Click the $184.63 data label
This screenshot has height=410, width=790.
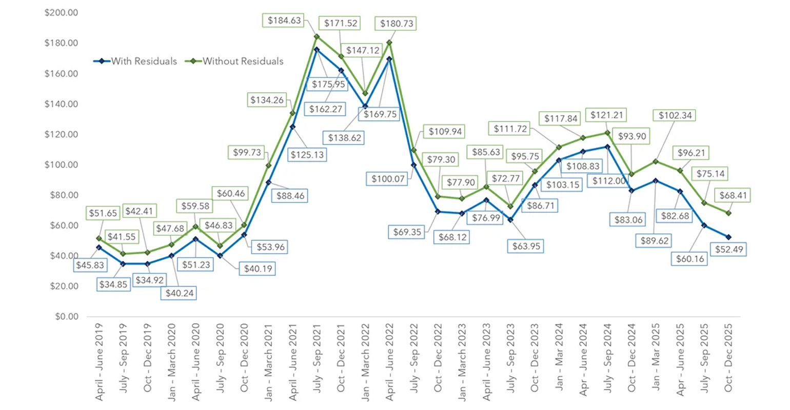coord(284,21)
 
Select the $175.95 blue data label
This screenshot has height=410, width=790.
coord(329,84)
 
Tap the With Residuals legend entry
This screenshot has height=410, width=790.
coord(135,61)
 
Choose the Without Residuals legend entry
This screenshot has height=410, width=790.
coord(235,61)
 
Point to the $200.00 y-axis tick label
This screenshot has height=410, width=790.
coord(61,12)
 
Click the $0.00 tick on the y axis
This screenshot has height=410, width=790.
coord(67,317)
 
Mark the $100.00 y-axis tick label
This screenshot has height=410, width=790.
coord(61,165)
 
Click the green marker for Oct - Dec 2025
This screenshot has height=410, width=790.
coord(728,213)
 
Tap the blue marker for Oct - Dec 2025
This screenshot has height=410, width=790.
coord(728,237)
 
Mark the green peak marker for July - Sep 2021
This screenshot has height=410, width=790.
coord(317,36)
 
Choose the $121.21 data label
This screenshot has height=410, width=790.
coord(607,115)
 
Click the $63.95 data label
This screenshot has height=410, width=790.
coord(526,246)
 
